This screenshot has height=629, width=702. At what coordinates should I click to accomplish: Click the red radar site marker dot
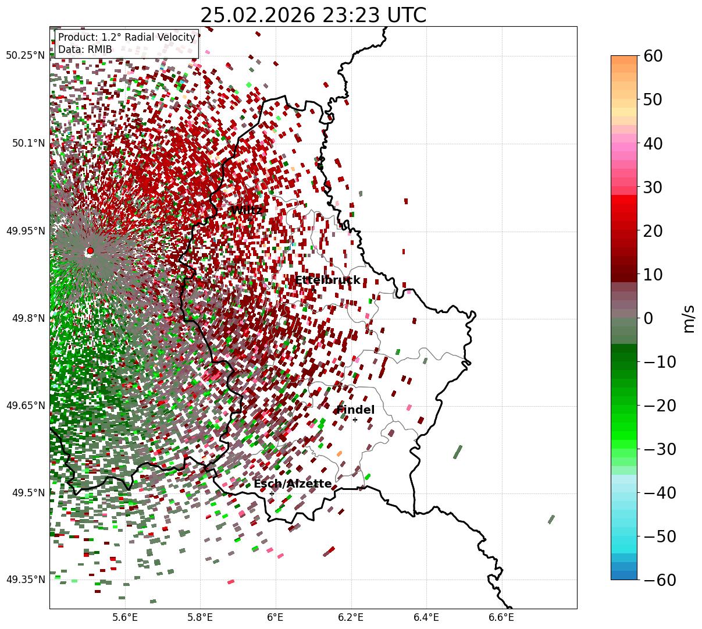90,251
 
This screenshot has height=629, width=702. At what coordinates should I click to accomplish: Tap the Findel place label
355,410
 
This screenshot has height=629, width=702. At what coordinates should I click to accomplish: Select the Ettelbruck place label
327,280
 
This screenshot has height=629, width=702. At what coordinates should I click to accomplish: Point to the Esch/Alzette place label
293,484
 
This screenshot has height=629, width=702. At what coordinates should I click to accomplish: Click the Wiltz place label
246,210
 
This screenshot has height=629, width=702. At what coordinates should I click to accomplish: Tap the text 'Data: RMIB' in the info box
85,49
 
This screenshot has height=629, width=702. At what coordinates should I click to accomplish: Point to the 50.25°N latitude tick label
25,56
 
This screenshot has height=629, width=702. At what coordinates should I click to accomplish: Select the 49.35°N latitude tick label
25,580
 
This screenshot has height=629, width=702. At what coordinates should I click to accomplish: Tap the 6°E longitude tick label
276,617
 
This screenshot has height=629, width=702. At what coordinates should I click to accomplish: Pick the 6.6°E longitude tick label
501,617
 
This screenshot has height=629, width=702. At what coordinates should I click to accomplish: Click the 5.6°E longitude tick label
125,617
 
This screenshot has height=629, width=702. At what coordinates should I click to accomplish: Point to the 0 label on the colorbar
648,318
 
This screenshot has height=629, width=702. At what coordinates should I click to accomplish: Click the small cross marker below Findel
355,420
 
